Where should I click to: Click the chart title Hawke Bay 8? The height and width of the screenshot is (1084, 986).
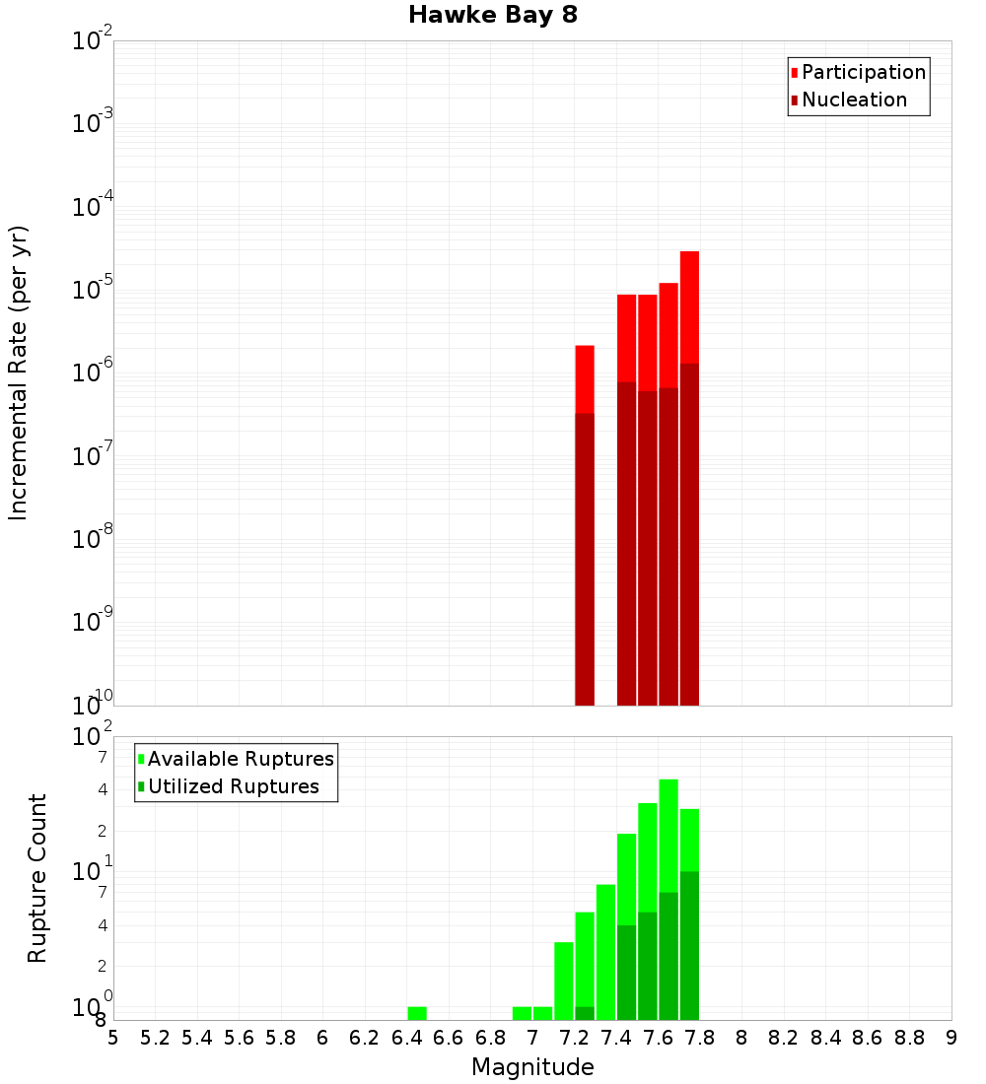click(x=492, y=15)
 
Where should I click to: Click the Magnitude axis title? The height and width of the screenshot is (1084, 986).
click(x=532, y=1067)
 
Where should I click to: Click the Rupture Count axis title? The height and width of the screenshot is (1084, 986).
click(x=37, y=878)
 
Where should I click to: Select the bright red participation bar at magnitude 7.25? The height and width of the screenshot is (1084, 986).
click(x=585, y=378)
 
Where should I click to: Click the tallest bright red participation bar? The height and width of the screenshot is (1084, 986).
click(x=689, y=306)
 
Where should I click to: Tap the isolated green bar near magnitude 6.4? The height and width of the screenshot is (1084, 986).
click(x=417, y=1013)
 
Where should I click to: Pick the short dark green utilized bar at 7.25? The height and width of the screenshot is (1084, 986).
click(x=585, y=1013)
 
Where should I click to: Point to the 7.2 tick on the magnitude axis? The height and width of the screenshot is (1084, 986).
click(x=574, y=1038)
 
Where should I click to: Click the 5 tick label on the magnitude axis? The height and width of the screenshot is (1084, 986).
click(x=113, y=1038)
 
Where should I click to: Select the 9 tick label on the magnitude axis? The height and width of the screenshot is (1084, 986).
click(x=951, y=1038)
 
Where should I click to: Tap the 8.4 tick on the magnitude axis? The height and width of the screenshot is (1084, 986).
click(x=825, y=1038)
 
